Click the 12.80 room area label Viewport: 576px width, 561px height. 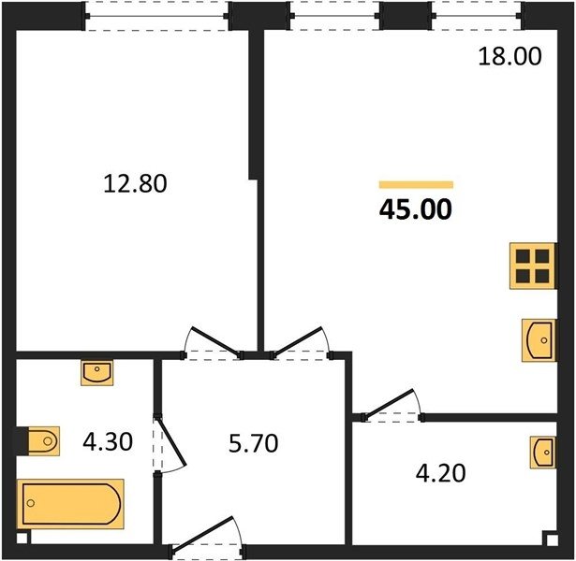pyautogui.click(x=135, y=183)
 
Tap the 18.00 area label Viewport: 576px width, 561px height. pyautogui.click(x=510, y=56)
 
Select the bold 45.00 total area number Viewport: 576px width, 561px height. pyautogui.click(x=416, y=209)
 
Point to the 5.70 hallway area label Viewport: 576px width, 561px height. pyautogui.click(x=254, y=443)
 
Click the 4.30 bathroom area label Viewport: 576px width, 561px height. pyautogui.click(x=108, y=441)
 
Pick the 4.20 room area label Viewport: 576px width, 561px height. pyautogui.click(x=441, y=472)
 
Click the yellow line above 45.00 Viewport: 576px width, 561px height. pyautogui.click(x=416, y=185)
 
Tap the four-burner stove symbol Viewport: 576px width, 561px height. pyautogui.click(x=532, y=266)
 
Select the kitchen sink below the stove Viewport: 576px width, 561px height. pyautogui.click(x=539, y=340)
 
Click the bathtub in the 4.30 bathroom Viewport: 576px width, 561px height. pyautogui.click(x=70, y=503)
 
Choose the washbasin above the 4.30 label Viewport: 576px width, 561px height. pyautogui.click(x=97, y=372)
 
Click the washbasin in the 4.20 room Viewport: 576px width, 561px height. pyautogui.click(x=542, y=453)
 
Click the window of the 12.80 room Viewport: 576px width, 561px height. pyautogui.click(x=157, y=16)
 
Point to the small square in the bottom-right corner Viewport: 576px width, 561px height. pyautogui.click(x=550, y=539)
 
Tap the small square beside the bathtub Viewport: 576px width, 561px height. pyautogui.click(x=23, y=538)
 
